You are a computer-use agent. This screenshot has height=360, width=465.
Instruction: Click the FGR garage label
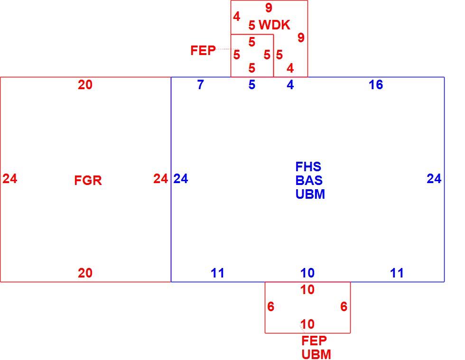[x=88, y=180]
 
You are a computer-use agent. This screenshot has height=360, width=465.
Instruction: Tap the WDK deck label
[x=274, y=25]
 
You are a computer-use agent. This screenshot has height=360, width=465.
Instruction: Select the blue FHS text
[x=308, y=166]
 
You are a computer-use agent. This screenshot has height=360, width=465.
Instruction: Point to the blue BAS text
[x=309, y=180]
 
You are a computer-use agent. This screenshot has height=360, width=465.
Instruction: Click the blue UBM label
[x=310, y=194]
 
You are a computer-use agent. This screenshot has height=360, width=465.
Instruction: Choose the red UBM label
[x=316, y=354]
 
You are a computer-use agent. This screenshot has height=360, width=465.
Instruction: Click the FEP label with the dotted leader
[x=203, y=50]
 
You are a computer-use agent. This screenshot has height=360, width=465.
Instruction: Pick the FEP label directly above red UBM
[x=314, y=341]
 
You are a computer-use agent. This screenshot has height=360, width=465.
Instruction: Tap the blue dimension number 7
[x=200, y=85]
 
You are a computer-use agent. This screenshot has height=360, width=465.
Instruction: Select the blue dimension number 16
[x=376, y=85]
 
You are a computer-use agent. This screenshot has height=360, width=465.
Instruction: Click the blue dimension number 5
[x=252, y=85]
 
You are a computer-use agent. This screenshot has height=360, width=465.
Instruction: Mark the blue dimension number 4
[x=290, y=85]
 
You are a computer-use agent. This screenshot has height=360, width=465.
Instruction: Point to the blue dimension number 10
[x=307, y=273]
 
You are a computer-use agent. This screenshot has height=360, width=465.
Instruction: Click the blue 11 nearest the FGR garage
[x=217, y=273]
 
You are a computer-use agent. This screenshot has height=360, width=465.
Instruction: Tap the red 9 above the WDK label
[x=269, y=8]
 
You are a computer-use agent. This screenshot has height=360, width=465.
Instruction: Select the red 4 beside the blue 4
[x=290, y=68]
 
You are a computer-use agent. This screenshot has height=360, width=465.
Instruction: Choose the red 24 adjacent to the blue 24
[x=161, y=178]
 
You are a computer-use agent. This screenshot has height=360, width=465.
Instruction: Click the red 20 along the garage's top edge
[x=85, y=85]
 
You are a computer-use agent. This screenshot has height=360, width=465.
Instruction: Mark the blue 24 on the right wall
[x=434, y=178]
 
